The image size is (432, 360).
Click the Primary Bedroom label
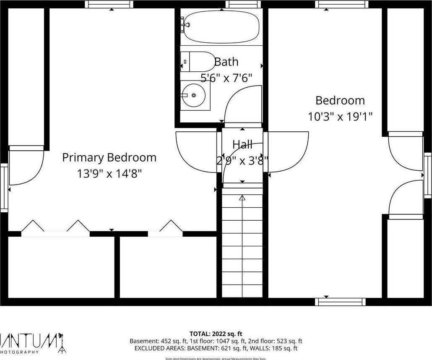(x=109, y=158)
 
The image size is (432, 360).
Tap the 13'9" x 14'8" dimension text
(x=109, y=173)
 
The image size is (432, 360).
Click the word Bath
(x=226, y=62)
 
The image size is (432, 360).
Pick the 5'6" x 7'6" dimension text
(x=226, y=78)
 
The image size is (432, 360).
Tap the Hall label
(x=242, y=145)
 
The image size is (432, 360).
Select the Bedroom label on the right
(x=340, y=101)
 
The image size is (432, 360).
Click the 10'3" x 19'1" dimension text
(x=340, y=116)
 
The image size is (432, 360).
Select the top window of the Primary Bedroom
(x=109, y=4)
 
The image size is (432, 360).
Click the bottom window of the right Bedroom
(x=340, y=301)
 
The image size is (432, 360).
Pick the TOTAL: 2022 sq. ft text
(x=216, y=334)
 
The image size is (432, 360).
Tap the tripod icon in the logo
(x=62, y=343)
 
